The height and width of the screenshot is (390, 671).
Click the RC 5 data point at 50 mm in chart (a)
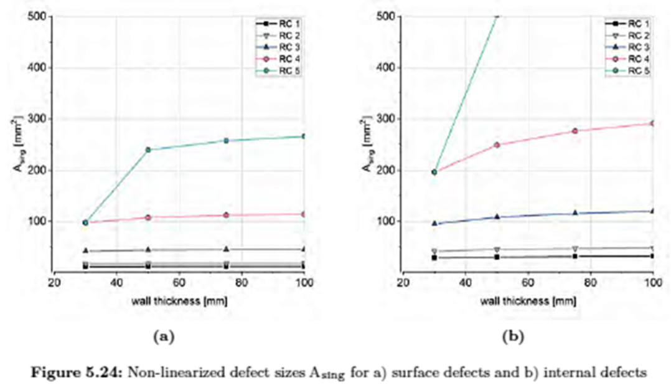pyautogui.click(x=148, y=150)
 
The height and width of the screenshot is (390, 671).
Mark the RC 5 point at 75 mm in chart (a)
pyautogui.click(x=226, y=141)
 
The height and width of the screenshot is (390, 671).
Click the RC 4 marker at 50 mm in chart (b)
pyautogui.click(x=497, y=145)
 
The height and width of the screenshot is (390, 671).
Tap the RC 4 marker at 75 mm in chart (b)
pyautogui.click(x=575, y=131)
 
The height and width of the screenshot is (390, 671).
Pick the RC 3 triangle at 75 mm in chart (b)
pyautogui.click(x=575, y=212)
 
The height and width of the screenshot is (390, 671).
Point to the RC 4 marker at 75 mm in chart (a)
pyautogui.click(x=226, y=215)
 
